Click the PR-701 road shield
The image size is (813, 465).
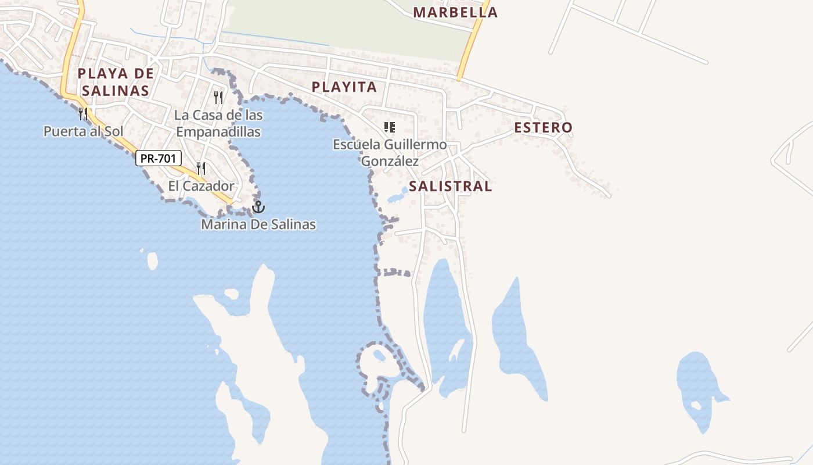tap(159, 158)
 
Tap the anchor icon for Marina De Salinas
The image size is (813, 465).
tap(258, 206)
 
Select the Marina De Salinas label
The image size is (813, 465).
tap(258, 224)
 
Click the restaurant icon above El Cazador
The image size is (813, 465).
tap(201, 169)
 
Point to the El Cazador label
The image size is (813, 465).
tap(201, 187)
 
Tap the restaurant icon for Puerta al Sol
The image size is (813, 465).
tap(83, 113)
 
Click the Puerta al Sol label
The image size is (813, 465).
tap(84, 131)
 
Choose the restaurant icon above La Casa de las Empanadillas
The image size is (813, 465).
tap(218, 97)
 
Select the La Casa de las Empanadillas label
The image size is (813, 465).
tap(218, 124)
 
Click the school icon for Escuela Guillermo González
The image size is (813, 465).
tap(390, 127)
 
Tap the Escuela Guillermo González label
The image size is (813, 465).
tap(390, 152)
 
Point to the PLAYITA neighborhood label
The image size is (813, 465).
tap(344, 87)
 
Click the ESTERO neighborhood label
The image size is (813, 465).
tap(543, 127)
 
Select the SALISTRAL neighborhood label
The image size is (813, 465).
tap(450, 187)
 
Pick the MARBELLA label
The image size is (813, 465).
tap(455, 12)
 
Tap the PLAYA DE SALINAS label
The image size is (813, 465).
tap(116, 82)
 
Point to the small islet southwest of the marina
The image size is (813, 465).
tap(152, 260)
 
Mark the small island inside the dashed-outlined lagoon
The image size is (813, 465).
tap(380, 355)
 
